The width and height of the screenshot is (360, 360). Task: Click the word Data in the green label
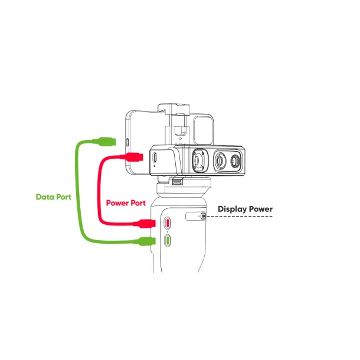click(x=45, y=197)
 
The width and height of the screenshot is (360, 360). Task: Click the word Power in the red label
click(x=117, y=203)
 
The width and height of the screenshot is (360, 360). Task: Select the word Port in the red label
click(x=138, y=203)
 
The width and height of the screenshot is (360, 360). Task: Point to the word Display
click(x=233, y=210)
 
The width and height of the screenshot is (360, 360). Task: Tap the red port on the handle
click(x=168, y=223)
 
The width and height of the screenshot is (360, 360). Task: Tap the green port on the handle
click(x=168, y=241)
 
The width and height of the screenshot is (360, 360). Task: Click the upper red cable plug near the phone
click(x=134, y=157)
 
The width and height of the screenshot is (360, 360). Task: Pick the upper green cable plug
click(x=107, y=142)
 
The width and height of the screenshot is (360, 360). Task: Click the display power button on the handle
click(x=203, y=216)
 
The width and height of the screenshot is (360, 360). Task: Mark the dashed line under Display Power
click(x=239, y=217)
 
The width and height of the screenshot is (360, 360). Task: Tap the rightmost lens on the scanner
click(x=235, y=161)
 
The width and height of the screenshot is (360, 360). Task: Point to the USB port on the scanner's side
click(x=155, y=157)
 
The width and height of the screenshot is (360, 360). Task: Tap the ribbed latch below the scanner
click(x=178, y=182)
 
